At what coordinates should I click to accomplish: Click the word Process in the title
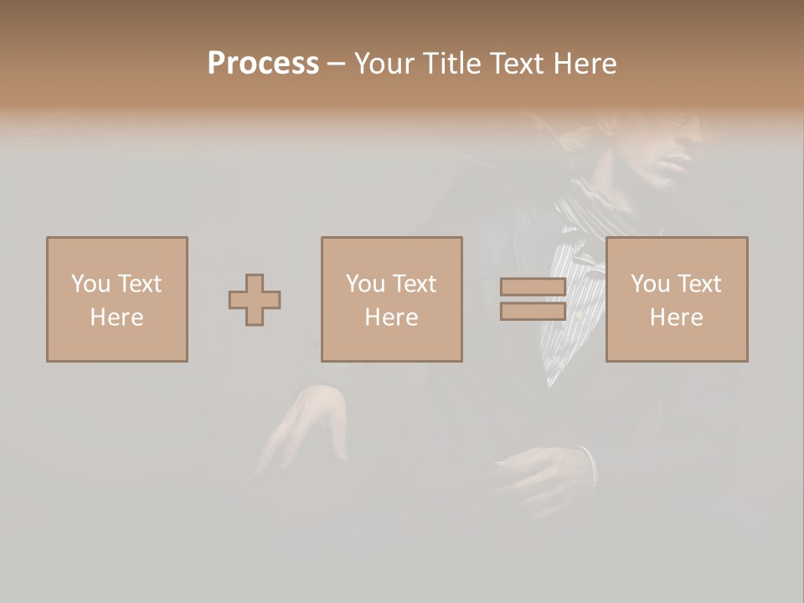coord(263,64)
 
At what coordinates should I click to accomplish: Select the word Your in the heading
coord(387,64)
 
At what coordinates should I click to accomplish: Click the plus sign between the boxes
coord(255,300)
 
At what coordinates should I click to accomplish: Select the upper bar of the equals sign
coord(533,287)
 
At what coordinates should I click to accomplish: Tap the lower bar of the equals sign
coord(533,311)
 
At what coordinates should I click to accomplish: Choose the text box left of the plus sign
coord(116,299)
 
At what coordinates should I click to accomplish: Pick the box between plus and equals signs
coord(391,299)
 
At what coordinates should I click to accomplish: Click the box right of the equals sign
coord(676,299)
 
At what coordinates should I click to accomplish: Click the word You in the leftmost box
coord(90,284)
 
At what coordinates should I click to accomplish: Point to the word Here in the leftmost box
coord(116,317)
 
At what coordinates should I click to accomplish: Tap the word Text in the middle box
coord(414,284)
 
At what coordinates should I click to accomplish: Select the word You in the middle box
coord(365,284)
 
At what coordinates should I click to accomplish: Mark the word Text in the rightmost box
coord(698,284)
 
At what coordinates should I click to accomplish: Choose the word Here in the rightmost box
coord(676,317)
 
